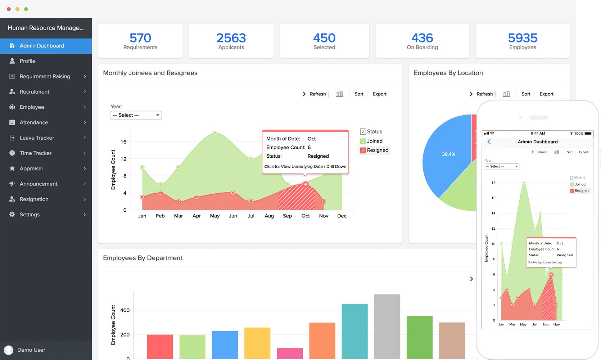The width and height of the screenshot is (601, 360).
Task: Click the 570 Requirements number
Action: [140, 38]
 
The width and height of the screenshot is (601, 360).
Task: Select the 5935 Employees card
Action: [523, 41]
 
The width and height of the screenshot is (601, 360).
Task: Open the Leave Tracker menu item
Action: [37, 138]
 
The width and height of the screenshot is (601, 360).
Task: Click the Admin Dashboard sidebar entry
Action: [42, 46]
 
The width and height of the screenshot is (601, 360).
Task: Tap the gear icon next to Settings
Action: [12, 215]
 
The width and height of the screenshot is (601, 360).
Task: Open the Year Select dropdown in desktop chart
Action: [136, 115]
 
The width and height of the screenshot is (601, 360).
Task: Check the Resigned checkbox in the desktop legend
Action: [363, 150]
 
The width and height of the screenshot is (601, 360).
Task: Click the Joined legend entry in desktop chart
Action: [374, 141]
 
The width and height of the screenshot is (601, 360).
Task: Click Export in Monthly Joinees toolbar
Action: [379, 94]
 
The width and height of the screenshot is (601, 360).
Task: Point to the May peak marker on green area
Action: [215, 133]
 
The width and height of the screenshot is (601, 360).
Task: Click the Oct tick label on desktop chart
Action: [306, 216]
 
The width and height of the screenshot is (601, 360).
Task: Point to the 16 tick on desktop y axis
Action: [123, 142]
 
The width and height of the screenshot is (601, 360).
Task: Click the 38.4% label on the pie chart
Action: [448, 154]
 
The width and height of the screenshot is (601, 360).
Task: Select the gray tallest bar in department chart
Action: [387, 326]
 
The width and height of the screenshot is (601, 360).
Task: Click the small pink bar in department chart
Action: [290, 353]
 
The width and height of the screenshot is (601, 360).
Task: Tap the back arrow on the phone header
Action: [489, 141]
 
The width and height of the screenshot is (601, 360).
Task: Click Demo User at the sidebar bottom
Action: [31, 350]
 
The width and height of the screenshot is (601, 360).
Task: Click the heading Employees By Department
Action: [143, 258]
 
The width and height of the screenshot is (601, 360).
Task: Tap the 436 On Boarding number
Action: [422, 38]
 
